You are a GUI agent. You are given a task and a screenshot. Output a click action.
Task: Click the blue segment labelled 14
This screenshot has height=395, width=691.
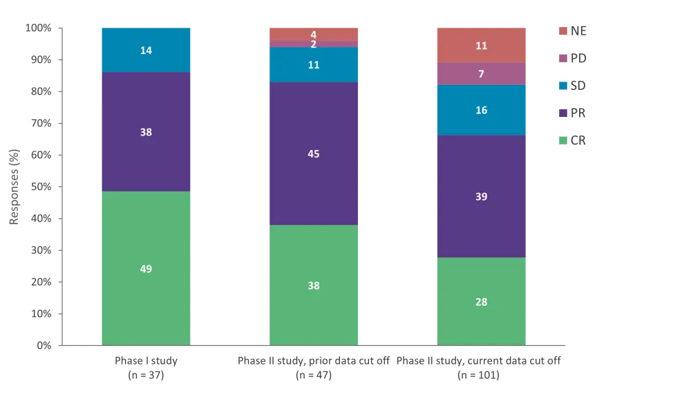pos(146,50)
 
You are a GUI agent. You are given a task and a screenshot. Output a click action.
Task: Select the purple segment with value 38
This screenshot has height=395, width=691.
pos(146,131)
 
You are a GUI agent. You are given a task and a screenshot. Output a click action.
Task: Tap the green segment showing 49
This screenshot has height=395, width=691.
pos(146,268)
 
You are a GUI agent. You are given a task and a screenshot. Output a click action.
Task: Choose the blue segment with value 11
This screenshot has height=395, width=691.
pos(314,64)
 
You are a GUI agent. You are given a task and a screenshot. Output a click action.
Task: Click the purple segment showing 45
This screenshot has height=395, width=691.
pos(314,154)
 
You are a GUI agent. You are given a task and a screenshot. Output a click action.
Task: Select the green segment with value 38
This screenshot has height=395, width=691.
pos(314,285)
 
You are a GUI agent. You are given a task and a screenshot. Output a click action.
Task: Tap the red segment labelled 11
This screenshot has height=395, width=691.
pos(482,46)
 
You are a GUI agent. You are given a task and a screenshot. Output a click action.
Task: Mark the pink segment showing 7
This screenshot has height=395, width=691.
pos(482,73)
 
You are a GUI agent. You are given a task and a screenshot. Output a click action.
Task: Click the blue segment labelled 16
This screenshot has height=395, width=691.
pos(482,110)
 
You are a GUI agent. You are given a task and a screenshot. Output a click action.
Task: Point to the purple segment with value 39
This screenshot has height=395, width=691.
pos(482,196)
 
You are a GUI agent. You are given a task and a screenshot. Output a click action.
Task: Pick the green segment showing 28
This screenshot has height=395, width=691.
pos(482,302)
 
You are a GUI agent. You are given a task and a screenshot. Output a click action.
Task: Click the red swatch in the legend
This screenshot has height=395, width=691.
pos(564,31)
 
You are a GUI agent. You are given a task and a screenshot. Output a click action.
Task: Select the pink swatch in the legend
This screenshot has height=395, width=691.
pos(564,59)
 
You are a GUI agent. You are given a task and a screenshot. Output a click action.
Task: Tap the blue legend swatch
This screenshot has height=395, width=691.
pos(564,86)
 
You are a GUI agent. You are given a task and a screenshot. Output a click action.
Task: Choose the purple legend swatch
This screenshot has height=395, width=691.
pos(564,114)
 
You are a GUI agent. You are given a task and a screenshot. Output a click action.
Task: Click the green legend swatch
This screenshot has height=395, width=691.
pos(564,142)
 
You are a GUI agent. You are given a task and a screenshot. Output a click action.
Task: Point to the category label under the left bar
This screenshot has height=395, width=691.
pos(146,367)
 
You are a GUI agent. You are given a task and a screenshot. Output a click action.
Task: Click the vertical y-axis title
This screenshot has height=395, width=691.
pos(14,187)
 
